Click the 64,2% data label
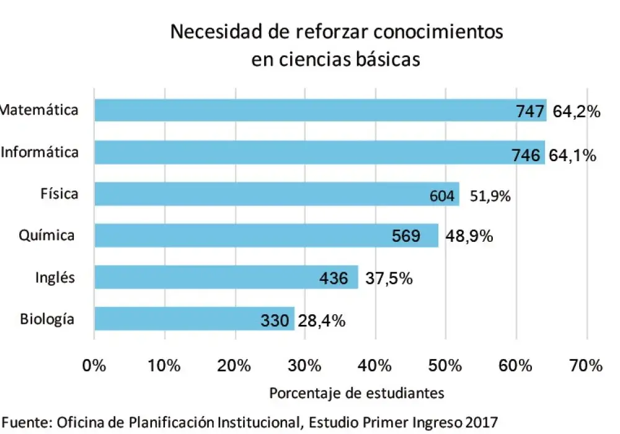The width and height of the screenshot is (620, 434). coord(577,112)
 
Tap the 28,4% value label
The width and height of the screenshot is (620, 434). coord(322,321)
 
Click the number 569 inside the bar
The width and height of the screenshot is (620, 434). coord(406,236)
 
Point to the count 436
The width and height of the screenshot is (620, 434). coord(334,278)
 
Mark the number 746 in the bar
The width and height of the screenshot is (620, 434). coord(526,155)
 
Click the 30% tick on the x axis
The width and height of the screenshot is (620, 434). coord(305,366)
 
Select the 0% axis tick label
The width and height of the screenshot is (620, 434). coord(94,366)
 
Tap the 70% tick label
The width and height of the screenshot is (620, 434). coord(586,366)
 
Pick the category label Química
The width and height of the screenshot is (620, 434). coord(47,236)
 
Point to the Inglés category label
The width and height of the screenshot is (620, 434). coord(55,277)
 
